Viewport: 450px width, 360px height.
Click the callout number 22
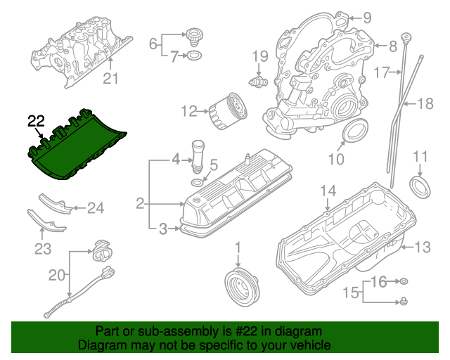coord(36,121)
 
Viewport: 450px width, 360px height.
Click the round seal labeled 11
coord(420,186)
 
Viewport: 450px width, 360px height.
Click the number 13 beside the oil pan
coord(421,247)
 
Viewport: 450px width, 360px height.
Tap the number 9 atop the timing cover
coord(366,18)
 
